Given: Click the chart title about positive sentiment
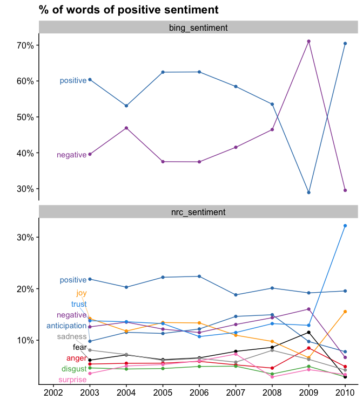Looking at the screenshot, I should point(129,10).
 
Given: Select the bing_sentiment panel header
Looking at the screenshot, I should point(198,27).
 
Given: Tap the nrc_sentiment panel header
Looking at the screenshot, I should point(198,212).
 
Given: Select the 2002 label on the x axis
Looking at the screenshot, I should point(53,392).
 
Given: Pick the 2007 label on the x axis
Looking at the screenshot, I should point(236,392).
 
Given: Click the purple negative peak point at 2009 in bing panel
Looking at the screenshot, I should point(308,42).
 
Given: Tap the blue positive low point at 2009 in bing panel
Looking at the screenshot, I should point(308,192).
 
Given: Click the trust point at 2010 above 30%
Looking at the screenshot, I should point(345,226).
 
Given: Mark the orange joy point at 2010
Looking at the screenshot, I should point(345,312).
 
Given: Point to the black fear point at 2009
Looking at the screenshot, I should point(308,332).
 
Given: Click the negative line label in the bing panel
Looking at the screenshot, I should point(71,155).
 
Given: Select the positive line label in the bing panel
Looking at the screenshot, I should point(73,81).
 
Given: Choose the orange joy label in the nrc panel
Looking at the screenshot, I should point(81,294).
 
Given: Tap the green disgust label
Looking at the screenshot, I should point(73,369).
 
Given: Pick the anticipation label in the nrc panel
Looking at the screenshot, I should point(66,326).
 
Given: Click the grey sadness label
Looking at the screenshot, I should point(72,337).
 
